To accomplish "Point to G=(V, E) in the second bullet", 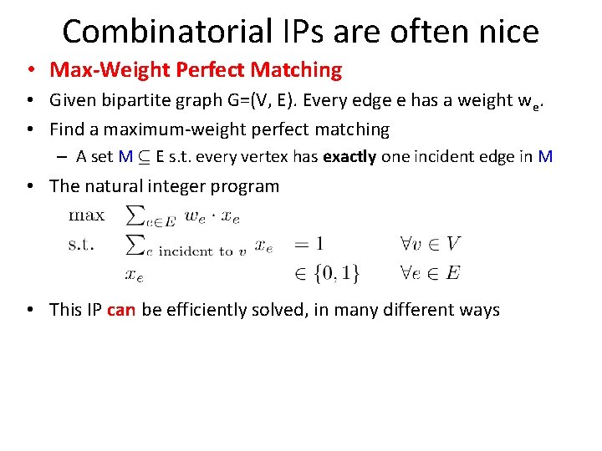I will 269,101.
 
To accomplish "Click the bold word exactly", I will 349,156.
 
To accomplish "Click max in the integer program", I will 86,215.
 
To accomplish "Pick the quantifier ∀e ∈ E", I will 430,272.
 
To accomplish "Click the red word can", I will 121,310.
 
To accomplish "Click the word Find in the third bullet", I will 67,129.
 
